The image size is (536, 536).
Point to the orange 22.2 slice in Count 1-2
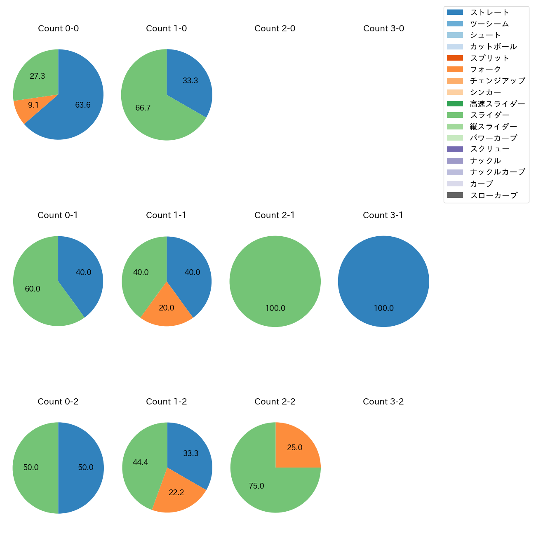coord(176,492)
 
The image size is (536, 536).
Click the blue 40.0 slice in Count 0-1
coord(82,273)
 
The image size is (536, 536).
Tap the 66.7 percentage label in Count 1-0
coord(143,108)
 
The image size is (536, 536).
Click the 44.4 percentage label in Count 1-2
coord(140,463)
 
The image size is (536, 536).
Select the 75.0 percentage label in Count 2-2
coord(256,486)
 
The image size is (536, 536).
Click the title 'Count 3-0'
coord(383,28)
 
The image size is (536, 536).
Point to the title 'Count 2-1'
coord(275,215)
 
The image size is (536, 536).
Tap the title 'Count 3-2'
coord(383,402)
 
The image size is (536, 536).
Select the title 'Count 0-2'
coord(58,402)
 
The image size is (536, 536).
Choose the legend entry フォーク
coord(485,69)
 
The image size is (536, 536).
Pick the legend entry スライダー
coord(489,115)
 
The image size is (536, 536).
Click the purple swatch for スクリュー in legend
coord(455,149)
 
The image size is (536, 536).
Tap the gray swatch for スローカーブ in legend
coord(455,195)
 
